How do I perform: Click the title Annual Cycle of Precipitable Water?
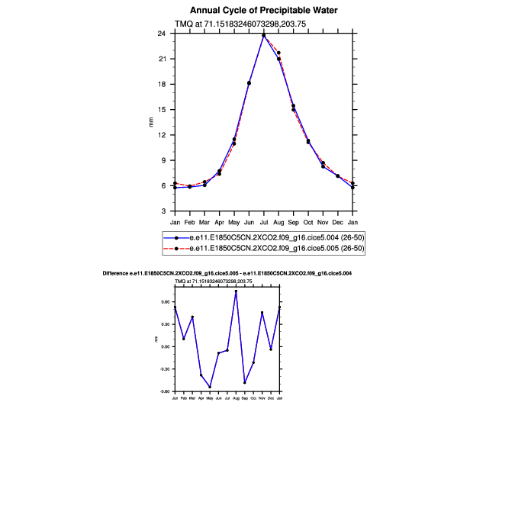click(x=263, y=11)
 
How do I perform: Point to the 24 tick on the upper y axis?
click(x=163, y=34)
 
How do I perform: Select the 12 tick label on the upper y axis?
click(x=163, y=135)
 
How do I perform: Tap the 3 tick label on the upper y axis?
click(x=164, y=211)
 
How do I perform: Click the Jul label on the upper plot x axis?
click(x=264, y=222)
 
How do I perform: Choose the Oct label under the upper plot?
click(x=308, y=222)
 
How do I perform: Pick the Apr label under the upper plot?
click(x=219, y=222)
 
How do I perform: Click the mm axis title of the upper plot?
click(x=150, y=122)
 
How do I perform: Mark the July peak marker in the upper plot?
click(x=264, y=35)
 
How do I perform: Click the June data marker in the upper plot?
click(x=249, y=82)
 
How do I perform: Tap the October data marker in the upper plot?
click(x=308, y=141)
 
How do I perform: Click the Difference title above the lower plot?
click(x=227, y=272)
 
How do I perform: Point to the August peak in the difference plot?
click(x=236, y=291)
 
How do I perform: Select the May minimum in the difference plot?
click(x=210, y=387)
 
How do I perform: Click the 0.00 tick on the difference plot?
click(x=165, y=346)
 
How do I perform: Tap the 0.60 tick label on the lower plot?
click(x=165, y=302)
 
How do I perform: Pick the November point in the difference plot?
click(x=262, y=312)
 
